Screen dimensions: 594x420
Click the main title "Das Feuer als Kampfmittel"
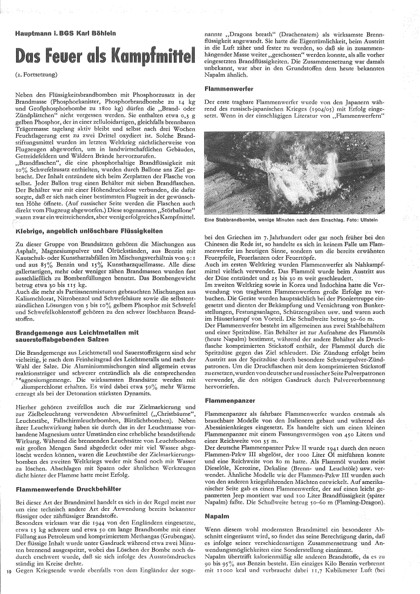click(106, 55)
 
